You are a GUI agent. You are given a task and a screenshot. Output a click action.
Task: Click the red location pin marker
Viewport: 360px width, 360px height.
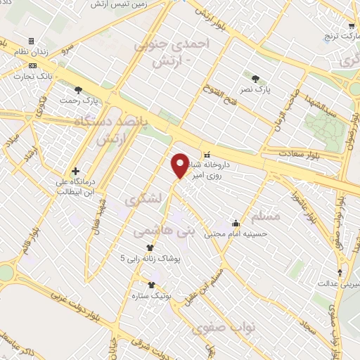[181, 165]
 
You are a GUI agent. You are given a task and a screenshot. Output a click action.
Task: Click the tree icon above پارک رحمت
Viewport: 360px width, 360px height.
[77, 89]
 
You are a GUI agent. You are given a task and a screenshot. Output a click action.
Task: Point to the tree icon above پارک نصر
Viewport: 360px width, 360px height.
[254, 78]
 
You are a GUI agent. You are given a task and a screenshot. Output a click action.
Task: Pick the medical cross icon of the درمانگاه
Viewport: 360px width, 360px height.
[75, 171]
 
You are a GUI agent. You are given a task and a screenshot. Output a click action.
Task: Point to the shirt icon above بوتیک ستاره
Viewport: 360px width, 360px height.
[153, 285]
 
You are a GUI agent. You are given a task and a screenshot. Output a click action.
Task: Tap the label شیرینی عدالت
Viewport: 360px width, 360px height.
[341, 284]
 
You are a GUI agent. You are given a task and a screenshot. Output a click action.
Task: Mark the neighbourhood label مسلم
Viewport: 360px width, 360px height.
[265, 216]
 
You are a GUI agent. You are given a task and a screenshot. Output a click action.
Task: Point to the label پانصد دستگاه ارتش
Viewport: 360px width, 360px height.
[112, 130]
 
